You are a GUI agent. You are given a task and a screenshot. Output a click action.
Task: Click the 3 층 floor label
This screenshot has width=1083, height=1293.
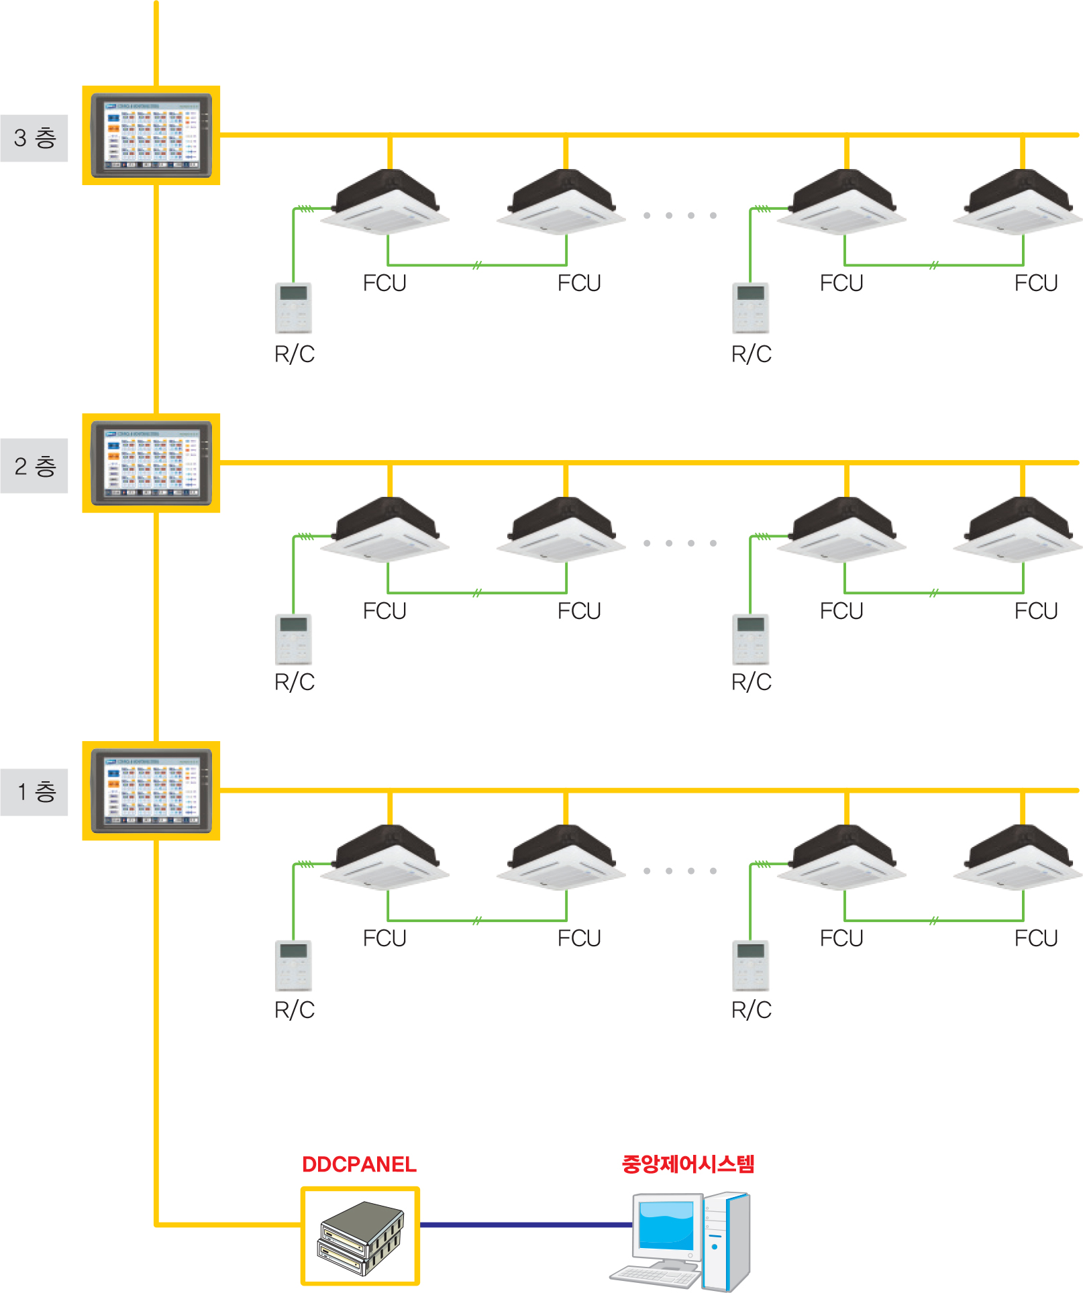coord(34,138)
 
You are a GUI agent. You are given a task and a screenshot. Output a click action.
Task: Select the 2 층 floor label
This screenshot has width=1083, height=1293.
coord(34,466)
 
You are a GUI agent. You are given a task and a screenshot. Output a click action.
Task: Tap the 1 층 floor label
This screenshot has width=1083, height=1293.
coord(34,792)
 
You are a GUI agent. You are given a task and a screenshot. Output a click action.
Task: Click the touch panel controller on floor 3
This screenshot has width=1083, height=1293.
coord(152,135)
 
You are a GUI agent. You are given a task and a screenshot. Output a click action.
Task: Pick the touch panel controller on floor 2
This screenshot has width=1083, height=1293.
coord(152,463)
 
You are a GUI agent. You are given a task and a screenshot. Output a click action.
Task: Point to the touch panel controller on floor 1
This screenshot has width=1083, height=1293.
coord(152,791)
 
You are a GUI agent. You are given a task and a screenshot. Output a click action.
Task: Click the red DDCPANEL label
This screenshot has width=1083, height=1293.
coord(359,1164)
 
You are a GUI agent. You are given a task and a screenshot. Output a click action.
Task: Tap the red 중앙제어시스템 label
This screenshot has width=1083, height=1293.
coord(688,1164)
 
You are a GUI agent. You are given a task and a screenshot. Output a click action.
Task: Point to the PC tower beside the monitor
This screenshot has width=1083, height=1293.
coord(727,1241)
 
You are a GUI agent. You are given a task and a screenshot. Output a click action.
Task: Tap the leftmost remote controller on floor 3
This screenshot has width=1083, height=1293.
coord(294,308)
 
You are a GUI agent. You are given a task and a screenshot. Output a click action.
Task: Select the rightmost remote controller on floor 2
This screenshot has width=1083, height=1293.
coord(750,638)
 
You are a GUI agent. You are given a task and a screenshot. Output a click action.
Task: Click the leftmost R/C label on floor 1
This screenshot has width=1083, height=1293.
coord(295,1009)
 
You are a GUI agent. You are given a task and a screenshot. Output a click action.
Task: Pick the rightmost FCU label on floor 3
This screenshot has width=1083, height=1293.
coord(1036,283)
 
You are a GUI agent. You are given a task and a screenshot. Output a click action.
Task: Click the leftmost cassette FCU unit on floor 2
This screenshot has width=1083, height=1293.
coord(385,530)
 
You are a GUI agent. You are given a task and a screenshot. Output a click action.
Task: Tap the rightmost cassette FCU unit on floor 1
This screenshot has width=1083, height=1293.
coord(1019,858)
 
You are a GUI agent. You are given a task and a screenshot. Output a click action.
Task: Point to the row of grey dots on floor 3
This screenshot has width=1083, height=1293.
coord(680,215)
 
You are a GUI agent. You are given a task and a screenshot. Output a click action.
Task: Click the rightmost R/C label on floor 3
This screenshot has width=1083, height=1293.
coord(752,354)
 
